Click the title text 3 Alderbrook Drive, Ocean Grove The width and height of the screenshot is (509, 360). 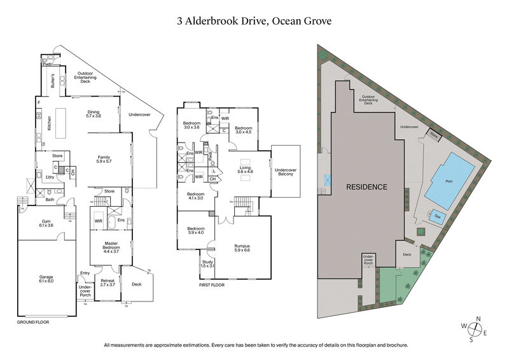254,20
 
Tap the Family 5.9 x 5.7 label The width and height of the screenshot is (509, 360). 104,159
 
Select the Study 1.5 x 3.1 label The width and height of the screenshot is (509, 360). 207,264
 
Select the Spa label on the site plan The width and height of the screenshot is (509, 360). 437,216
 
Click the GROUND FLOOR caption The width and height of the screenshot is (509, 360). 32,322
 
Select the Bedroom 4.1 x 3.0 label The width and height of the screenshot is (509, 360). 197,197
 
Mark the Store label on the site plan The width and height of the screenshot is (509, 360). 435,135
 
